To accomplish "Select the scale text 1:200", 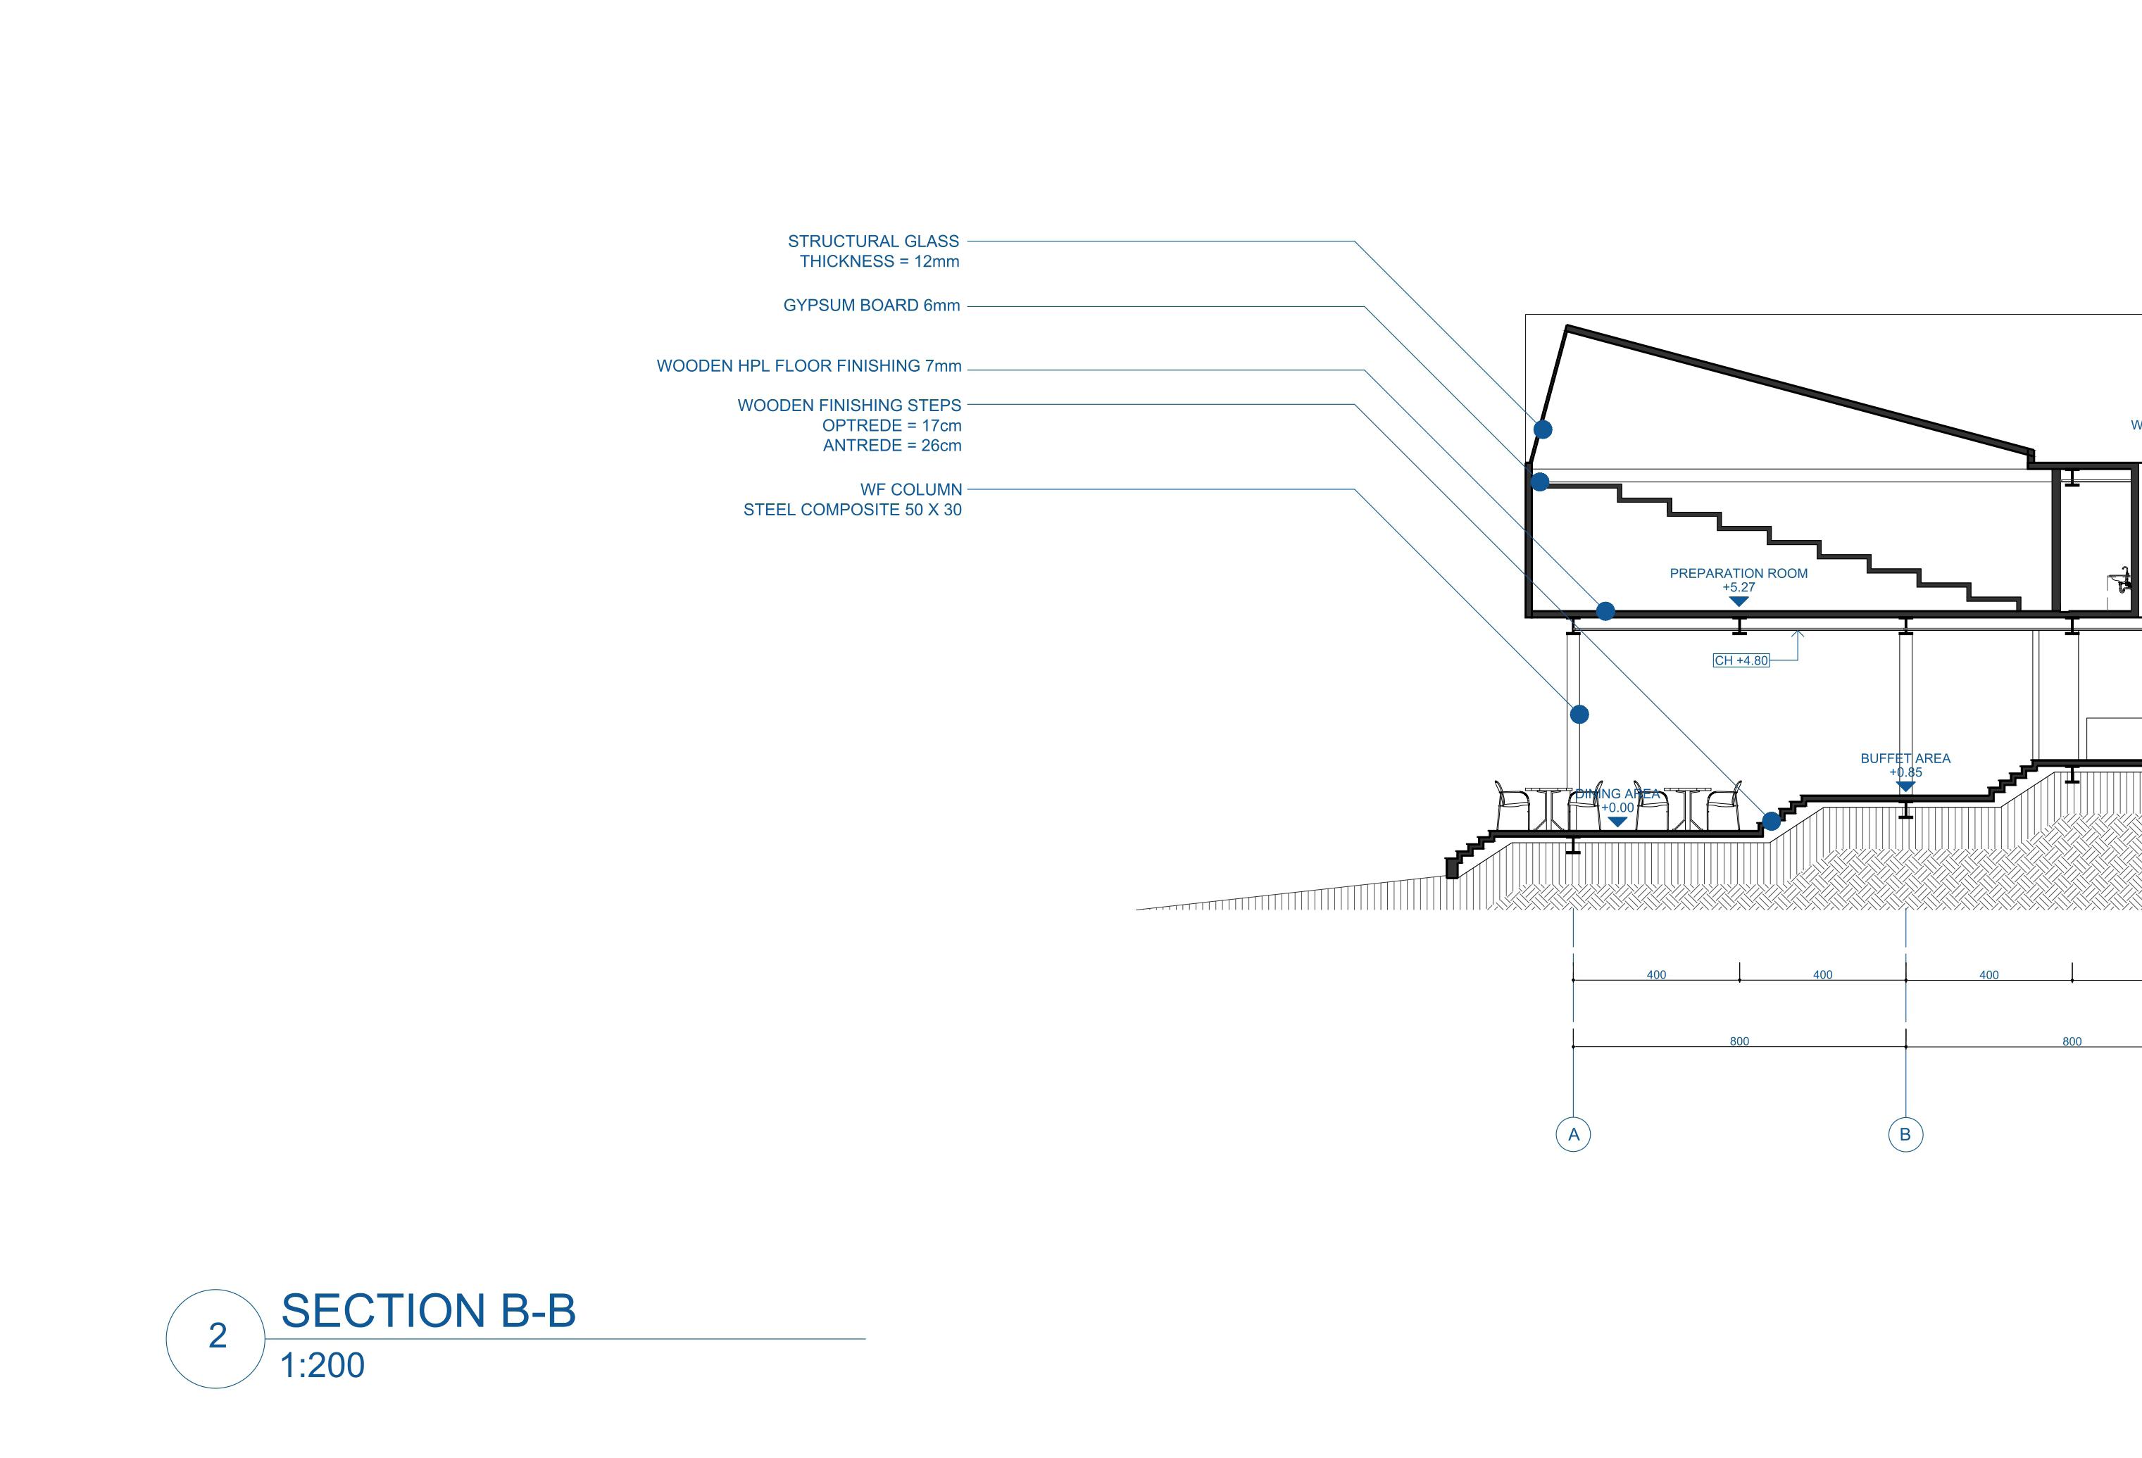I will (322, 1365).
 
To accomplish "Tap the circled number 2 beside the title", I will (217, 1336).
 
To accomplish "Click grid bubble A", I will (1573, 1135).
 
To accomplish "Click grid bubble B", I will (1905, 1135).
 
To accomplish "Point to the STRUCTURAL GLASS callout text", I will (873, 241).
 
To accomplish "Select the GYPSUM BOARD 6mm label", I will (871, 305).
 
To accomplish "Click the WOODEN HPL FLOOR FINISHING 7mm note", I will (808, 366).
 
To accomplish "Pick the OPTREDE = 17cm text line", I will (891, 426).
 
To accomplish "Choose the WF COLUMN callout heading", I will (910, 489).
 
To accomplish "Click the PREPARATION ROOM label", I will (1739, 573).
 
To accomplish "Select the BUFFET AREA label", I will (1905, 758).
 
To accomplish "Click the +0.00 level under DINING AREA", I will (1617, 808).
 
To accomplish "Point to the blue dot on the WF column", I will (1579, 715).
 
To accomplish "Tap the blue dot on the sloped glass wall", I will (1542, 429).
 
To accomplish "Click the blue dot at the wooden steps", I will (1770, 821).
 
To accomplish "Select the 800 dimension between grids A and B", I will (1739, 1041).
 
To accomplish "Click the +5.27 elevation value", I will (1739, 587).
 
